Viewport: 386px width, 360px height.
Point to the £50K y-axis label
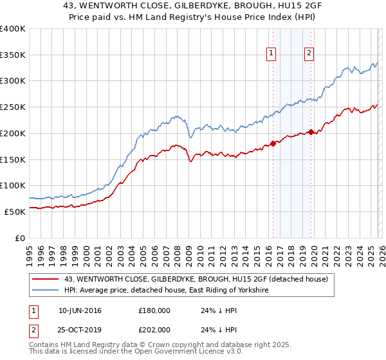[15, 212]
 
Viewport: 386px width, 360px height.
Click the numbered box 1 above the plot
[271, 54]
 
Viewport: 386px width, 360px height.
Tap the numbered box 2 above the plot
[309, 54]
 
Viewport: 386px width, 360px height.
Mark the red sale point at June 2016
[273, 143]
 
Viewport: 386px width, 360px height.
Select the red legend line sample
[46, 279]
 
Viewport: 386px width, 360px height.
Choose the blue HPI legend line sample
[46, 291]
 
